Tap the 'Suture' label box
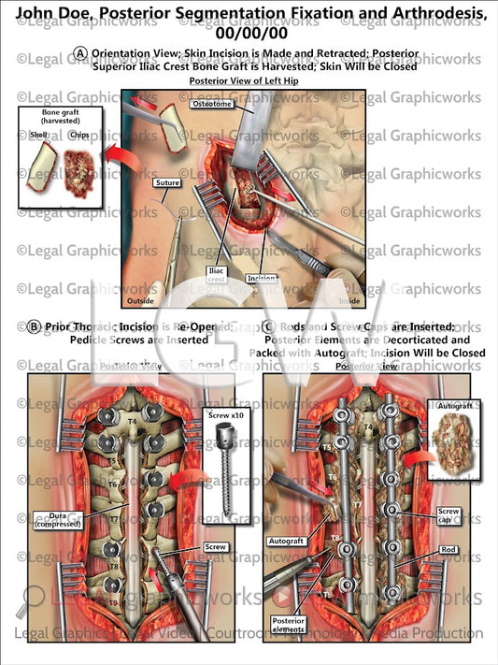[168, 183]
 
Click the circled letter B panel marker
[34, 326]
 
